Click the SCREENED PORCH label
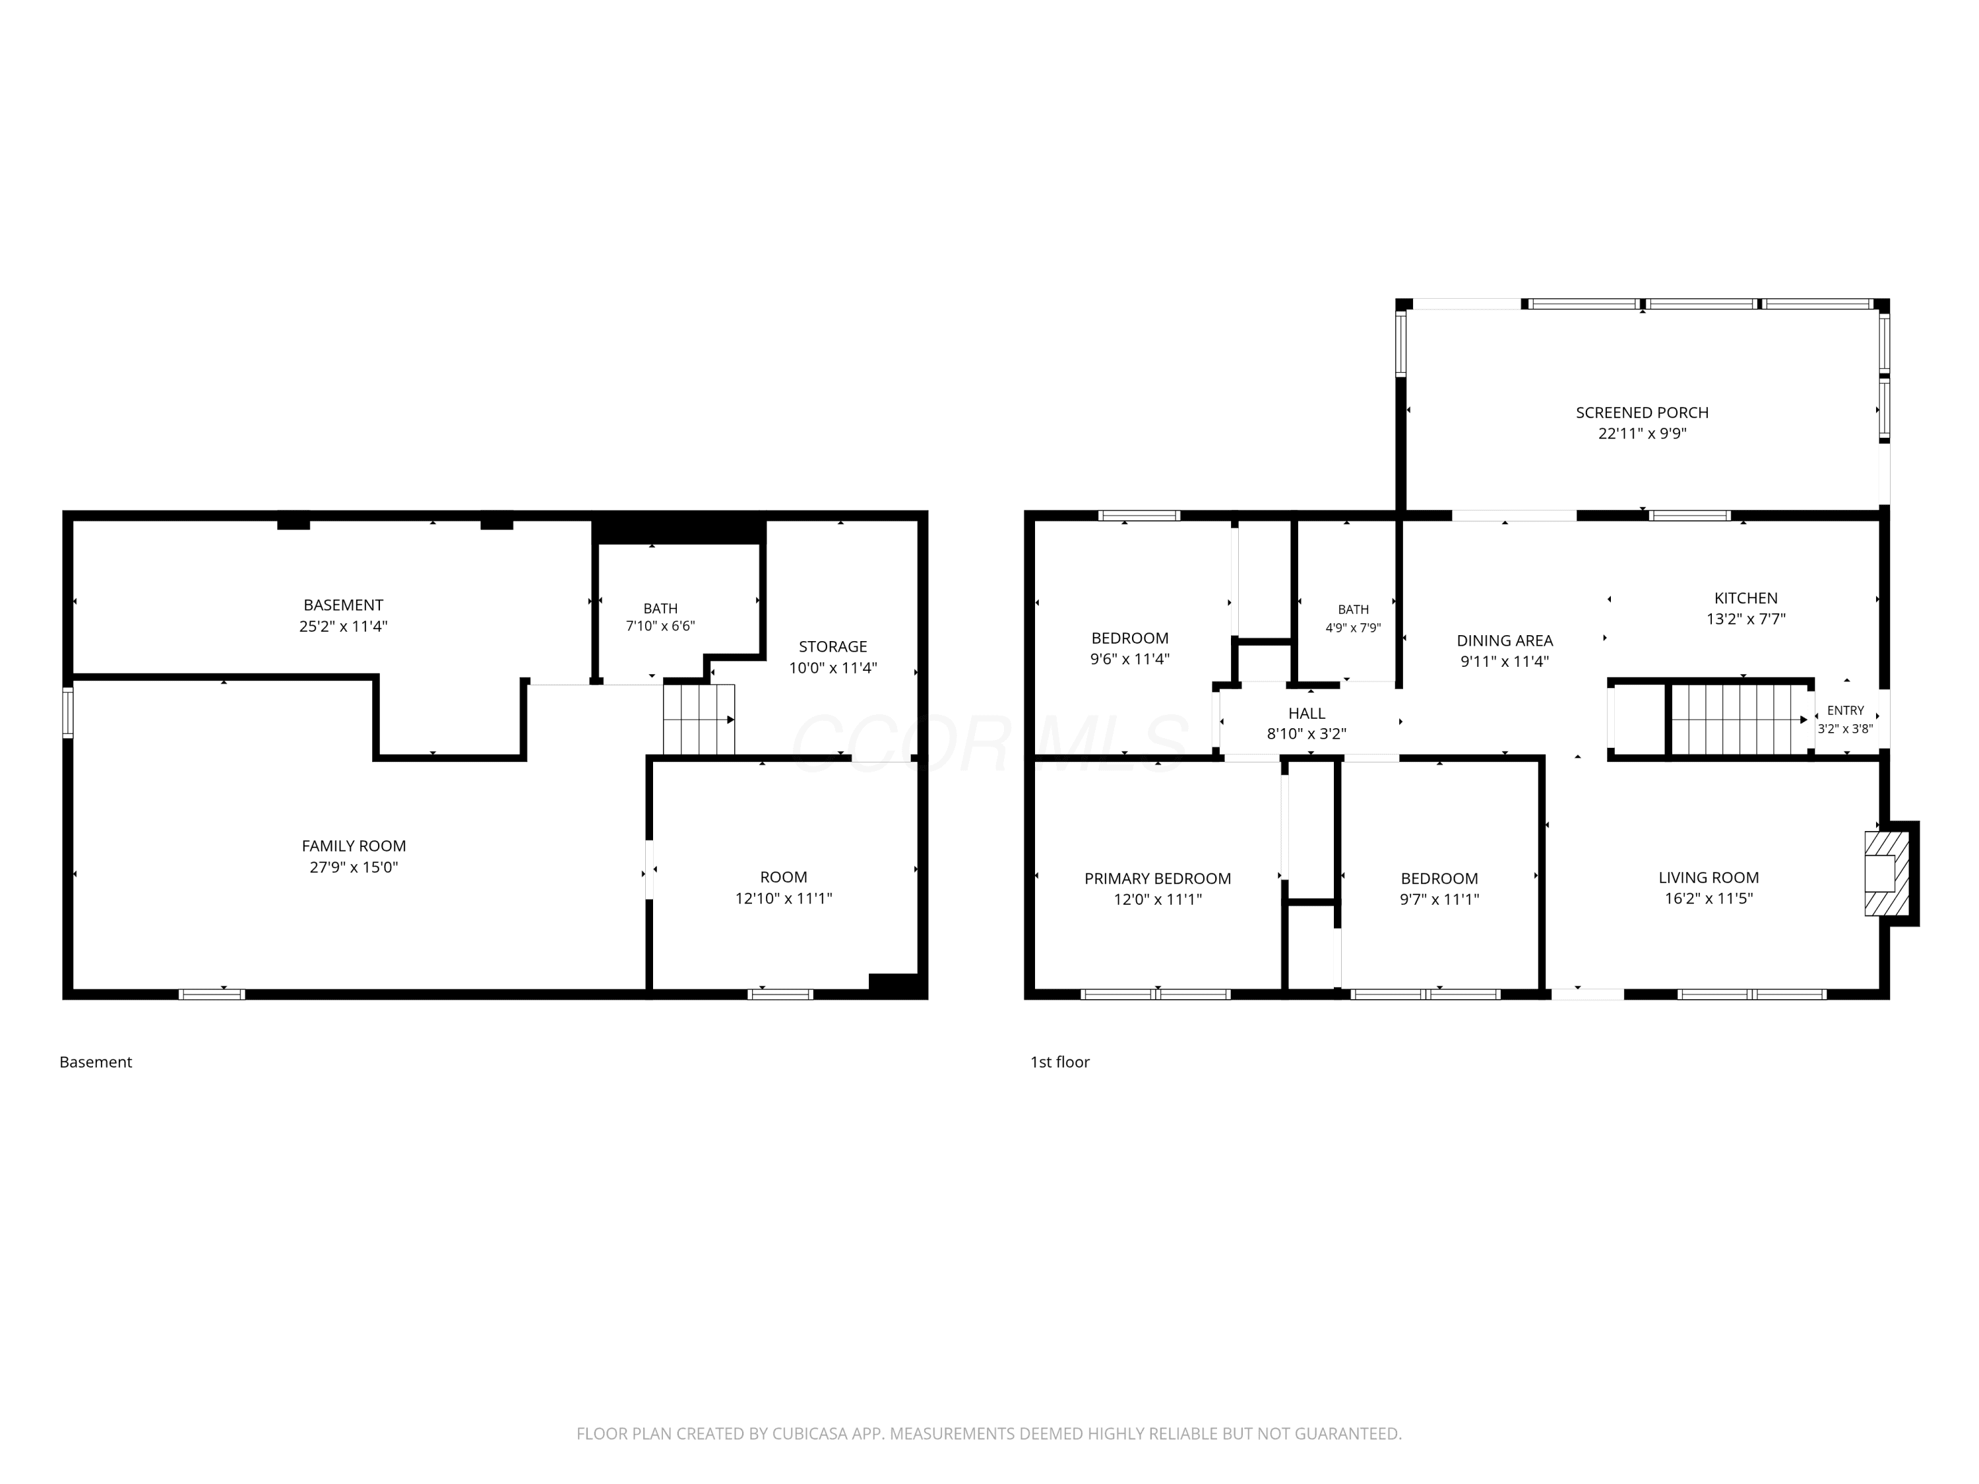point(1642,412)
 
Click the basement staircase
point(699,719)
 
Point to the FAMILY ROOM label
point(354,846)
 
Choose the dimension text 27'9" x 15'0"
point(354,867)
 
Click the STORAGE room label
point(833,646)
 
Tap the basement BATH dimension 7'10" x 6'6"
point(660,626)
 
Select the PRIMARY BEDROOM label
point(1158,879)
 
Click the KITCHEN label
point(1745,598)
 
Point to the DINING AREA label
point(1505,640)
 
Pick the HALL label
point(1306,713)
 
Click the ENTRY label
point(1846,710)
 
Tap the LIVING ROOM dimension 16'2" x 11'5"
point(1709,898)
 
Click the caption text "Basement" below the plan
point(96,1062)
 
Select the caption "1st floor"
point(1060,1062)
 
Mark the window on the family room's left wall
point(68,712)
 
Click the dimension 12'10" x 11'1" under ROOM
point(784,898)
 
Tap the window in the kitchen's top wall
point(1689,515)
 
